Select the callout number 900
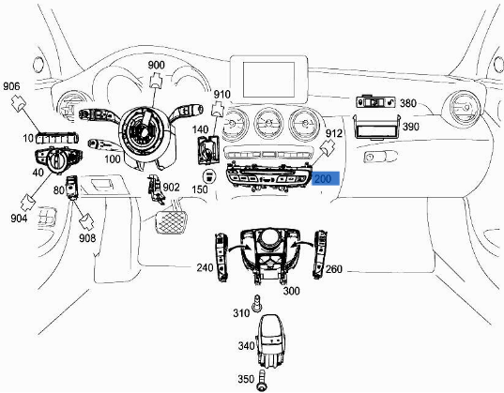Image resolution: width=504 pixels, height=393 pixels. coord(156,65)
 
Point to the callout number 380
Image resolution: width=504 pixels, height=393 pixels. coord(408,103)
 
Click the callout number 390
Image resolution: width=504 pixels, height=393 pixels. coord(410,127)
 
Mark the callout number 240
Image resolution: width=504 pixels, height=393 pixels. coord(205,267)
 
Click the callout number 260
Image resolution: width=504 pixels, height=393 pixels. coord(333,270)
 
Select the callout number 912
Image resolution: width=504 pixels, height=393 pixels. coord(333,134)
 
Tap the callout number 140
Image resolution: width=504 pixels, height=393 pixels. coord(201,128)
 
